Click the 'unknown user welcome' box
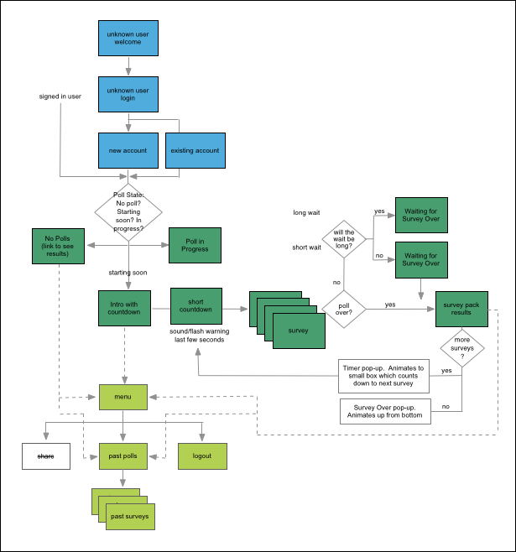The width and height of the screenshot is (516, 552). [x=128, y=38]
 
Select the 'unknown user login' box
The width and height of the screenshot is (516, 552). [x=128, y=94]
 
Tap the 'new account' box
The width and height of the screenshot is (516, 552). [x=128, y=151]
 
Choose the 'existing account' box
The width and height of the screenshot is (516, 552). [x=195, y=151]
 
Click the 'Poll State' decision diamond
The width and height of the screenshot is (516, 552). [x=128, y=212]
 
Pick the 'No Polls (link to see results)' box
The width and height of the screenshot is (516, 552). [x=58, y=246]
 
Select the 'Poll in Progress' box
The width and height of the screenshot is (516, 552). [x=195, y=245]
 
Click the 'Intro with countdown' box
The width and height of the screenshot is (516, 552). [x=125, y=309]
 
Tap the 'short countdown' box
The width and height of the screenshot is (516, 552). [x=196, y=306]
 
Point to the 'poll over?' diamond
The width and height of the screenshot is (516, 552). [x=344, y=309]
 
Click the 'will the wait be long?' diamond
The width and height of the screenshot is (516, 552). [x=344, y=239]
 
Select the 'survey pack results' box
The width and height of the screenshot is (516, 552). [x=461, y=309]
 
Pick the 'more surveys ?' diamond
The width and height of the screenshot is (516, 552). [x=462, y=348]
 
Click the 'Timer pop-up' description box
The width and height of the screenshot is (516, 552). [x=383, y=376]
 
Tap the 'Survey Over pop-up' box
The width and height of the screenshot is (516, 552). [x=385, y=412]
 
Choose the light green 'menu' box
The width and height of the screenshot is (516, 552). [x=123, y=397]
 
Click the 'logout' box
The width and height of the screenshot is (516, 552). [x=202, y=456]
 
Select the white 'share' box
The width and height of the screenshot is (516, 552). [x=46, y=456]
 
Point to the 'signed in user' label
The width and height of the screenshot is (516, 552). [x=60, y=96]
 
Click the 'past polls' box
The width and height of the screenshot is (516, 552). [x=123, y=456]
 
